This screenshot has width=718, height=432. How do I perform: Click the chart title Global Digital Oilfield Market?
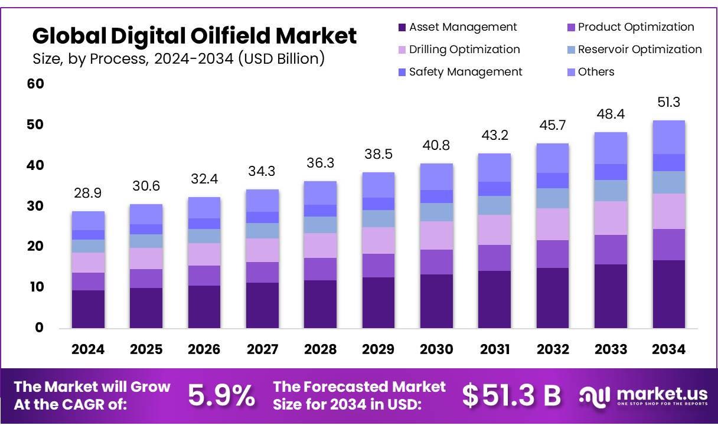pos(194,36)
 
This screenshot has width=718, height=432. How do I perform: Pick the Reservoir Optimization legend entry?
pos(634,50)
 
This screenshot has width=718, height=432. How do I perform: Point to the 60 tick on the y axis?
pos(35,84)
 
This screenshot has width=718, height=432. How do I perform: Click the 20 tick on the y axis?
pos(35,247)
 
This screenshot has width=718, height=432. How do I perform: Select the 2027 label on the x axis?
pos(262,349)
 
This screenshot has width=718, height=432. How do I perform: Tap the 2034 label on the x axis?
pos(668,349)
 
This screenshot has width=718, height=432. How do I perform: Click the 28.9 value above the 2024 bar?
pos(88,194)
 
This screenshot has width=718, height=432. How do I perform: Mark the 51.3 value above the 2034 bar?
pos(668,103)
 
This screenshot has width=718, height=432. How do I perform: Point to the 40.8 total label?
pos(437,146)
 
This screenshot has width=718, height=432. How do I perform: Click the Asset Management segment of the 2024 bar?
pos(88,309)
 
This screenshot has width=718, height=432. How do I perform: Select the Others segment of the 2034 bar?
pos(668,137)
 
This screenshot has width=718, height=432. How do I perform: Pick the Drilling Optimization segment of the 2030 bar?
pos(437,235)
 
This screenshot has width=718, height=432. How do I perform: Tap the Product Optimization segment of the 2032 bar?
pos(553,254)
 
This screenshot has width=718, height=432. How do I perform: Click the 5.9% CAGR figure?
pos(222,395)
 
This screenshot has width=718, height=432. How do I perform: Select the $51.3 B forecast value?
pos(511,395)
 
